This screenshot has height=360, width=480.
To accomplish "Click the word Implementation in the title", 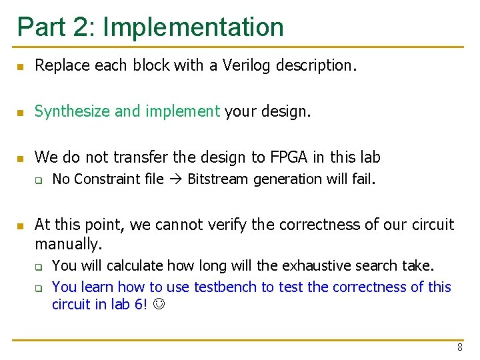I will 193,27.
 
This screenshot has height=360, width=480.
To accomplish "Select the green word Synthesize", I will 72,111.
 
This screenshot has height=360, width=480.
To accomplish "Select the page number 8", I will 460,347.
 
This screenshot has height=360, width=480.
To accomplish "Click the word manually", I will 68,244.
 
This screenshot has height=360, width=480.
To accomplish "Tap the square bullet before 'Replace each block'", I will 21,67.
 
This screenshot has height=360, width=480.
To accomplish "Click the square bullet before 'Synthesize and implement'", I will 21,113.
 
